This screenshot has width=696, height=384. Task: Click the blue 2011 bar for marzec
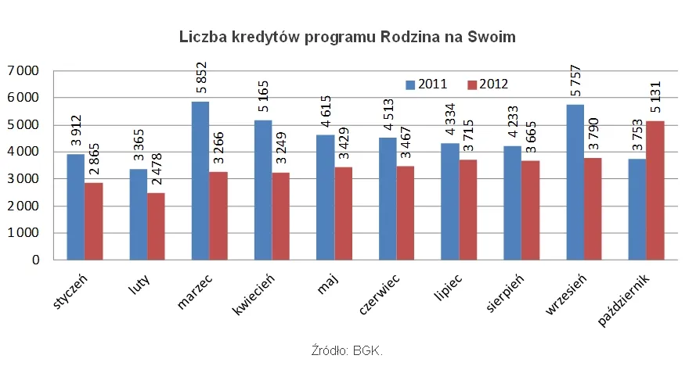200,181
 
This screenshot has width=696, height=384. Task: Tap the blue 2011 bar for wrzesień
575,182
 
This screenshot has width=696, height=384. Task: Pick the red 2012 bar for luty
156,226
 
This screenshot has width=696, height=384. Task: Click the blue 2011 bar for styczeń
75,206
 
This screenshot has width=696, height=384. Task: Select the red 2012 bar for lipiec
468,210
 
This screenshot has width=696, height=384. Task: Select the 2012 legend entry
488,84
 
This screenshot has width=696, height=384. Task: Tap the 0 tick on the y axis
35,260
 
